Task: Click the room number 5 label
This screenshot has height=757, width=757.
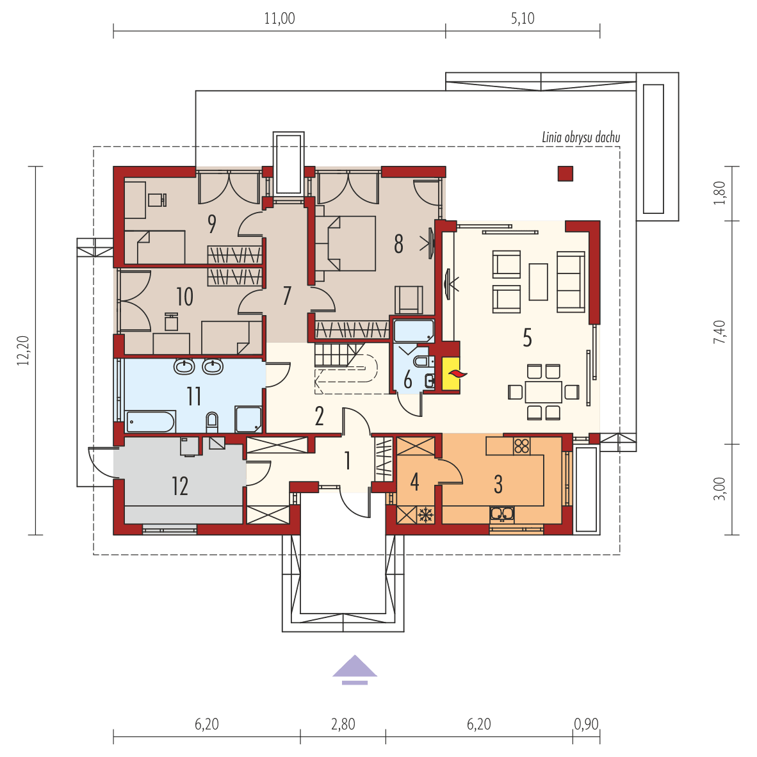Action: point(527,338)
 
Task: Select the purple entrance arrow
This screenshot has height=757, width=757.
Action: point(354,667)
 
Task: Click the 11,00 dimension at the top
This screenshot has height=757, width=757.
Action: point(279,18)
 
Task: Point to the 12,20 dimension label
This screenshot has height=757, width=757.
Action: point(24,350)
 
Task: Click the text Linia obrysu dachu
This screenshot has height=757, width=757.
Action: point(580,137)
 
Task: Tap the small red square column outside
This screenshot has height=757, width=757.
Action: point(564,174)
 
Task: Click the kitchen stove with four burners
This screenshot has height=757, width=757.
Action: point(521,444)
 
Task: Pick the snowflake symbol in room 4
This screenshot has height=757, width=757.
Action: point(425,514)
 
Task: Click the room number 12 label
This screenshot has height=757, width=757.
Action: point(180,486)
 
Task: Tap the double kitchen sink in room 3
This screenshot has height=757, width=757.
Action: point(501,513)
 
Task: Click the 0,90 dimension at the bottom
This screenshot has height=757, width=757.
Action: point(586,724)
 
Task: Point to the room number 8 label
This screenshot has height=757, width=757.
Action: point(398,244)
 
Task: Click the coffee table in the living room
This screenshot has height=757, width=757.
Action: point(538,282)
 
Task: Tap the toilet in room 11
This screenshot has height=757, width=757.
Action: point(213,422)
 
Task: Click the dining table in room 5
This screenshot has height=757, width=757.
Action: point(543,391)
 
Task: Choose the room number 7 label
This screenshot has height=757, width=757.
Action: point(287,296)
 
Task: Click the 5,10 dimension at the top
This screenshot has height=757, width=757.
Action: point(523,18)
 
